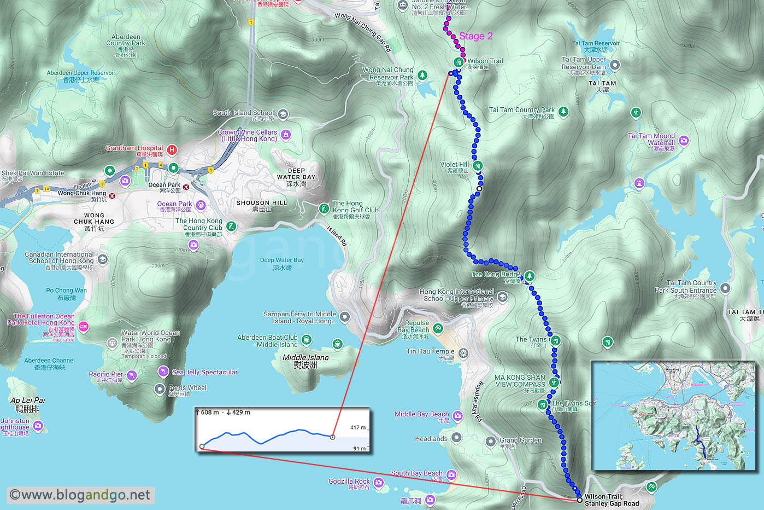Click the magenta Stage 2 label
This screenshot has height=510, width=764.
pos(475,36)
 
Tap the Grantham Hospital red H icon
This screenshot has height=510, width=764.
pos(172,149)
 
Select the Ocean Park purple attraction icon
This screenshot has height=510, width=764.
pos(201,205)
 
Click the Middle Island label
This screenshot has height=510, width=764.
pos(305,361)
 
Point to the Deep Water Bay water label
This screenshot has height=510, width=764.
pos(282,264)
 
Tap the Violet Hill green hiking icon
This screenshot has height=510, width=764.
pos(478,165)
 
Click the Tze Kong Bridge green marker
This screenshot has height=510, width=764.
pos(529,276)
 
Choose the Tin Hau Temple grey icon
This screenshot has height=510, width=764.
pos(463,353)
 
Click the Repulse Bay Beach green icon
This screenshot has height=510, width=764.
pos(438,328)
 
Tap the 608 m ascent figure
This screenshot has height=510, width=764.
pos(210,413)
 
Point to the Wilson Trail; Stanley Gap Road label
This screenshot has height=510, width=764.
pos(611,500)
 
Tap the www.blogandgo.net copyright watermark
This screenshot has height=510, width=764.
pos(80,495)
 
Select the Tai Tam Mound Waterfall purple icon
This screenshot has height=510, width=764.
pos(684,141)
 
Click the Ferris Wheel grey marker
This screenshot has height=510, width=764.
pos(159,389)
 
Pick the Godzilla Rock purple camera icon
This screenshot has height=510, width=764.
pos(379,483)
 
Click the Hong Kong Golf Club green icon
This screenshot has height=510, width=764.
pos(324,208)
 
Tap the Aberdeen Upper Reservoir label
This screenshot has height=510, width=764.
pos(81,76)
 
